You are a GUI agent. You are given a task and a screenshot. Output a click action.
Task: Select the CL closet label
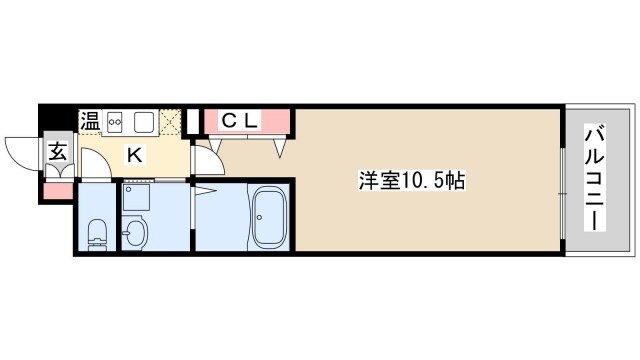240,121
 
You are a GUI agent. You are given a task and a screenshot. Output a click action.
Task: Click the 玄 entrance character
57,154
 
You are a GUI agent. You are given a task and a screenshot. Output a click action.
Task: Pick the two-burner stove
115,122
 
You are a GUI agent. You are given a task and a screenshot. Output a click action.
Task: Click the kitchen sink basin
144,122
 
